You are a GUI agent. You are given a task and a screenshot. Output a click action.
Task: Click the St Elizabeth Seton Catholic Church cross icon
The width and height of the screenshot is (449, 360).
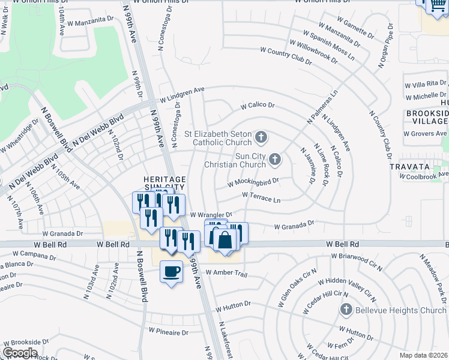click(261, 137)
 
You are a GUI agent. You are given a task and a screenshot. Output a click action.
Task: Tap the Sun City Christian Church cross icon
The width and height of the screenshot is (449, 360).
click(274, 159)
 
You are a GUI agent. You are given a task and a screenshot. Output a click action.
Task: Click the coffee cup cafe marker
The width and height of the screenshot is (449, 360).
click(172, 271)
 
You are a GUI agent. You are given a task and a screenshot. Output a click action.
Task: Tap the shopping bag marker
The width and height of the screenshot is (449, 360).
click(224, 239)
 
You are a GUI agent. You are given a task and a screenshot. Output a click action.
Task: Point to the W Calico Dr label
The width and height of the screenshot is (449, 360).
click(258, 106)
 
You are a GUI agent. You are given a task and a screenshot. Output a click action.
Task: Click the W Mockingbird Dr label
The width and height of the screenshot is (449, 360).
click(254, 182)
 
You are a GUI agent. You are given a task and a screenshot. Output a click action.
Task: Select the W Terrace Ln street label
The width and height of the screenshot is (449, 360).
click(261, 196)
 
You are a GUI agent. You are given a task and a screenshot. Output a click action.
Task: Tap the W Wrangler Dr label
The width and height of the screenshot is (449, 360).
click(211, 214)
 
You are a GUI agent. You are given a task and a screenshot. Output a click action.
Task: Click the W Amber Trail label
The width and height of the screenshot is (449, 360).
click(226, 272)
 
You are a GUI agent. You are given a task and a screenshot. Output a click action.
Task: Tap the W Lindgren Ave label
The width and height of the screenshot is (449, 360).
click(182, 94)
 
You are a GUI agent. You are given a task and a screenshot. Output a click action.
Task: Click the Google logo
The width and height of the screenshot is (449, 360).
click(19, 352)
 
